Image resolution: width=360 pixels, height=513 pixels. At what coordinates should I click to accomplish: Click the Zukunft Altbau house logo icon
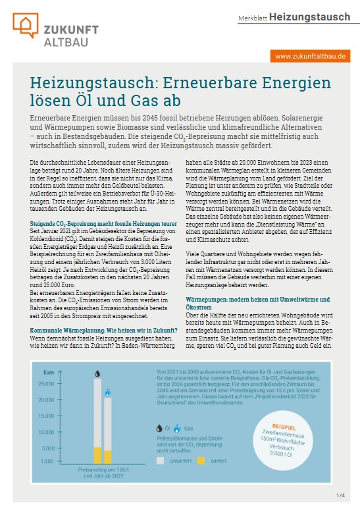pyautogui.click(x=26, y=25)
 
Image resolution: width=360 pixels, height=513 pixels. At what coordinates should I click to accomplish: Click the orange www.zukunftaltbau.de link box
pyautogui.click(x=310, y=57)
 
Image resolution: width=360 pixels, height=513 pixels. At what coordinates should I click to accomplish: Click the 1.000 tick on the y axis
pyautogui.click(x=46, y=461)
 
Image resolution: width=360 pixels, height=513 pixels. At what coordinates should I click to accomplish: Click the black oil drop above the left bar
pyautogui.click(x=97, y=373)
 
